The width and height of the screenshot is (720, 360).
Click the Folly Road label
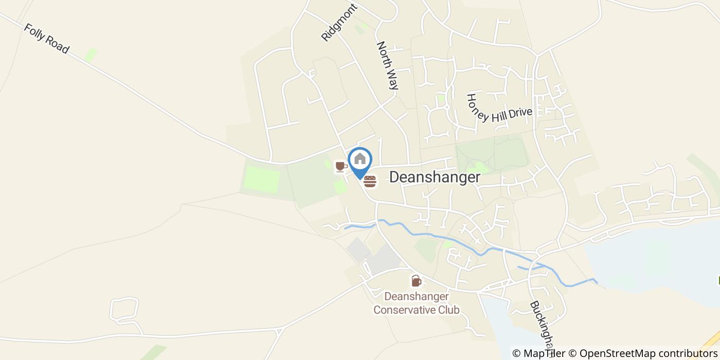[x=46, y=38]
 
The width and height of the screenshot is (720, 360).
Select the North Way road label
[x=388, y=66]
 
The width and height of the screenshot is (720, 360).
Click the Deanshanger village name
[x=435, y=177]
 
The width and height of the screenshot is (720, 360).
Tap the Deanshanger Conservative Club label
[x=417, y=303]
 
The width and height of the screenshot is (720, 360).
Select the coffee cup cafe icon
[x=340, y=167]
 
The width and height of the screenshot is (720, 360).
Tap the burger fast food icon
[x=370, y=181]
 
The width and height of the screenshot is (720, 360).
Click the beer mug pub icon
[x=416, y=281]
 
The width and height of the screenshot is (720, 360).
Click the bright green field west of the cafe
[x=261, y=179]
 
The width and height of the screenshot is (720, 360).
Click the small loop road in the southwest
[x=124, y=309]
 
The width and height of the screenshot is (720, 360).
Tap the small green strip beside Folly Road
[x=91, y=55]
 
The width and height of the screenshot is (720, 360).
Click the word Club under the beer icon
[x=447, y=310]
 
